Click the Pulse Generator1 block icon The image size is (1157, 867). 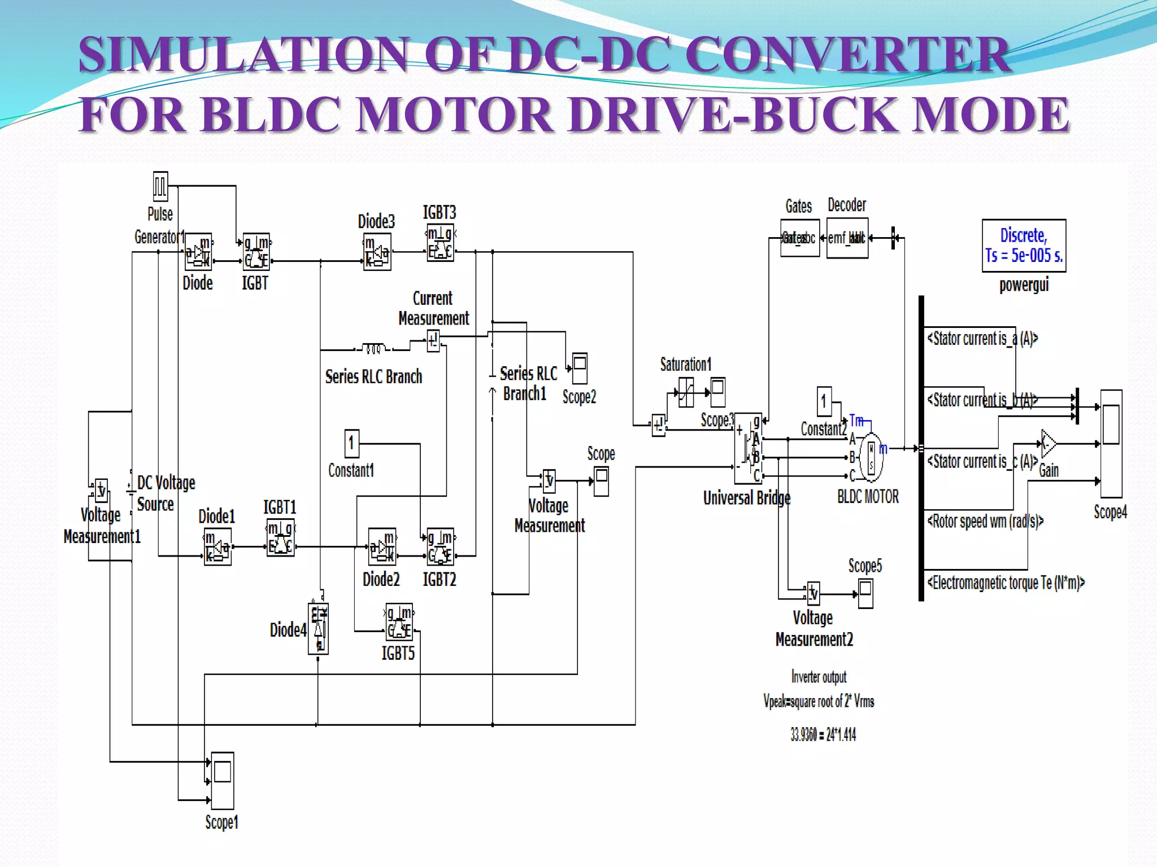(x=160, y=186)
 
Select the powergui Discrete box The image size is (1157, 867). (x=1024, y=246)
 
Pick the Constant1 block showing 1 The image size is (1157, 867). (x=351, y=443)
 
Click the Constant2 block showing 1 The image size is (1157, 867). (x=824, y=401)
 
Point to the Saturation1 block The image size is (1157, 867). (x=686, y=392)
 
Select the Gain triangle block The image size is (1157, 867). (x=1047, y=444)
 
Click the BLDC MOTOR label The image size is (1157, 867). (x=868, y=497)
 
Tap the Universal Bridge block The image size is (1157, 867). (x=748, y=448)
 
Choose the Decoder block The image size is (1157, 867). (x=847, y=238)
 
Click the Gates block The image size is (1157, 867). (x=799, y=238)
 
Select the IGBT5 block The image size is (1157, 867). (x=399, y=621)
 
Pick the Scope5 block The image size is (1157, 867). (x=865, y=594)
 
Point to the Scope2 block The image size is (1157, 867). (x=580, y=369)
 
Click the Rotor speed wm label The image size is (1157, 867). (x=985, y=521)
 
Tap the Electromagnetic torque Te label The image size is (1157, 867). (x=1006, y=583)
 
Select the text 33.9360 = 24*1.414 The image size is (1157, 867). (x=823, y=734)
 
